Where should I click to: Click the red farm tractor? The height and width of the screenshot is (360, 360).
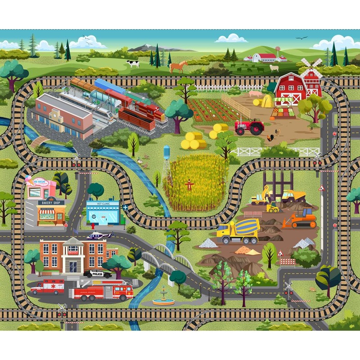point(249,127)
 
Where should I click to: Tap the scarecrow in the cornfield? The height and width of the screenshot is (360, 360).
point(189,185)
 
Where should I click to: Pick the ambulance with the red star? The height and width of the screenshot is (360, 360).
point(48,287)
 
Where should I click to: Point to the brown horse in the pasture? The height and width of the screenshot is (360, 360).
point(178,67)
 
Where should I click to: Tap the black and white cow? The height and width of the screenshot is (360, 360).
point(133,63)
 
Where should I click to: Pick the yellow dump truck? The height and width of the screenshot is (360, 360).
point(293,196)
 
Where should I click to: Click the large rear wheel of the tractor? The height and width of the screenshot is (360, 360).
point(257,129)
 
